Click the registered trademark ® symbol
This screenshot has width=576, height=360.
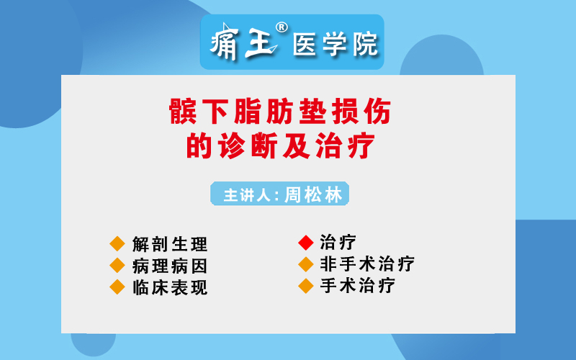coord(282,27)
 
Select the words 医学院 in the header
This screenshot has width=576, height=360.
coord(335,44)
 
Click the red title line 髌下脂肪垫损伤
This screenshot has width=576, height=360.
coord(280,112)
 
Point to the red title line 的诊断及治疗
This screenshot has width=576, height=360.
coord(280,146)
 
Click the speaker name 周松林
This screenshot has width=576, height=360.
coord(313,194)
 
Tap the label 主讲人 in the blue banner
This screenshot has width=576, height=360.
coord(247,195)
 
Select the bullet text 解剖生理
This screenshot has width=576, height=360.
coord(170,244)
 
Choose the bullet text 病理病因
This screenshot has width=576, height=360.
coord(170,266)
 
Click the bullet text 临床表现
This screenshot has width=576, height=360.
coord(170,287)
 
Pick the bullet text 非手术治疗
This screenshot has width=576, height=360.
coord(367,264)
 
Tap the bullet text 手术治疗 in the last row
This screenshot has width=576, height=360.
coord(357,285)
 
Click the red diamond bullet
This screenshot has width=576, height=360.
coord(305,243)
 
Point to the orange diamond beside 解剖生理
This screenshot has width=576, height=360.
coord(117,244)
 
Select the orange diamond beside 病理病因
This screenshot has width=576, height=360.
coord(117,266)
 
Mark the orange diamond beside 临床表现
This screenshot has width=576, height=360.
coord(117,287)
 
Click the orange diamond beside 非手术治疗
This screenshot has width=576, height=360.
coord(305,264)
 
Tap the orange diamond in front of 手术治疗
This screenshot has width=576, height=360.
coord(305,286)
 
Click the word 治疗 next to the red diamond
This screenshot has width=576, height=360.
coord(338,243)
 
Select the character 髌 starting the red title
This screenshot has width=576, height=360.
coord(183,112)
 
